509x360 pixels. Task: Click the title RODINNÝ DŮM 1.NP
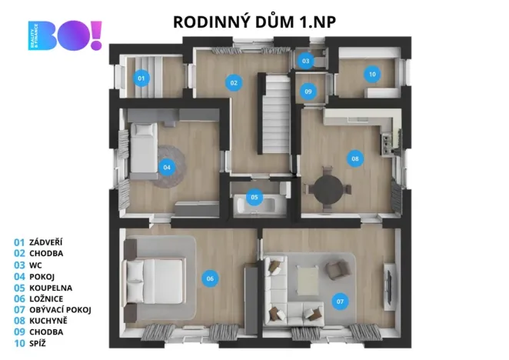pos(254,21)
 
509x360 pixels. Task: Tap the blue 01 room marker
pos(141,78)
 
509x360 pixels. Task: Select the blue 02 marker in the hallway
pos(234,82)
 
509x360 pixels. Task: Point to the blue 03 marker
pos(305,60)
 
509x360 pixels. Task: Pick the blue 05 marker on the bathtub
pos(255,197)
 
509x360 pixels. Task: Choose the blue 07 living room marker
pos(340,301)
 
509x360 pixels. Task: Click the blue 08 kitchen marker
pos(354,159)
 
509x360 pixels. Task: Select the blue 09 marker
pos(308,92)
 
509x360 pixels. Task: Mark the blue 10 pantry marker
pos(372,75)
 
